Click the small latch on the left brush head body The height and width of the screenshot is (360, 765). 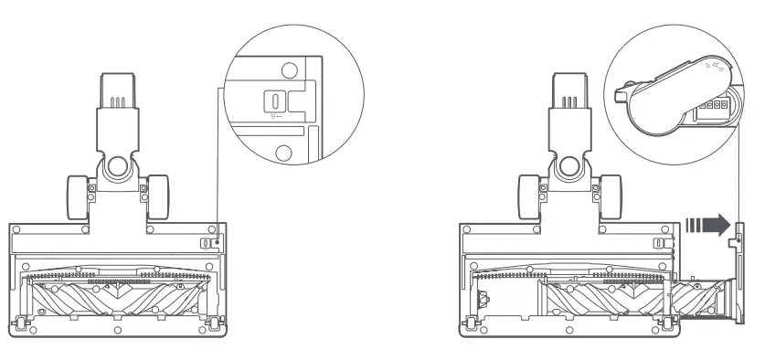tap(207, 243)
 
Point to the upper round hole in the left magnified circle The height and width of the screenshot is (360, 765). tap(288, 69)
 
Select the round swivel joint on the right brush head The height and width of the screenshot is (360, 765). tap(570, 167)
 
